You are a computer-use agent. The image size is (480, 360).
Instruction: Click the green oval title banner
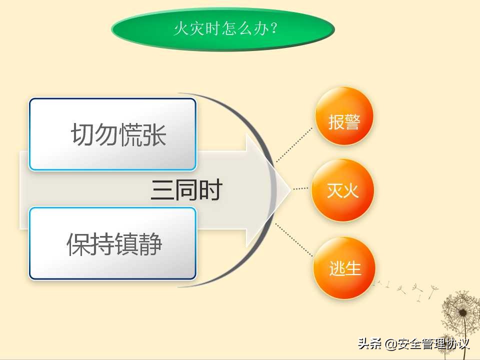(x=222, y=28)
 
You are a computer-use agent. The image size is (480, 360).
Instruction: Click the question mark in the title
(x=273, y=28)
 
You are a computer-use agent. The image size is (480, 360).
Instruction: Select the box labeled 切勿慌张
(x=112, y=134)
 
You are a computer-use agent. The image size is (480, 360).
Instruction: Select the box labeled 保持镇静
(x=112, y=243)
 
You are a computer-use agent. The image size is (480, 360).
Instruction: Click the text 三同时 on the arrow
(x=186, y=190)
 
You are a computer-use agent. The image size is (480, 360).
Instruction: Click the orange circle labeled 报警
(x=344, y=117)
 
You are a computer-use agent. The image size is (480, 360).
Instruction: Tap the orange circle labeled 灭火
(x=343, y=190)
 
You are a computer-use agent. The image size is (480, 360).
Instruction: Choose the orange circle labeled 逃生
(x=345, y=268)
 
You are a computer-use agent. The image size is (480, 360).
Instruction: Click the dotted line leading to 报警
(x=295, y=145)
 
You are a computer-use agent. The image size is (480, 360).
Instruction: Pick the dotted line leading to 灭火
(x=300, y=188)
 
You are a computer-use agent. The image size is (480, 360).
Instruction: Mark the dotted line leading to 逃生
(x=295, y=240)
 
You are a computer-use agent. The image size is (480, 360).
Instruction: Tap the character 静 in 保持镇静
(x=150, y=244)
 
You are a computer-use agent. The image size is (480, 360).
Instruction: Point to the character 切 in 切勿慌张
(x=82, y=134)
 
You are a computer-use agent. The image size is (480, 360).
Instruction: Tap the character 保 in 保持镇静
(x=78, y=244)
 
